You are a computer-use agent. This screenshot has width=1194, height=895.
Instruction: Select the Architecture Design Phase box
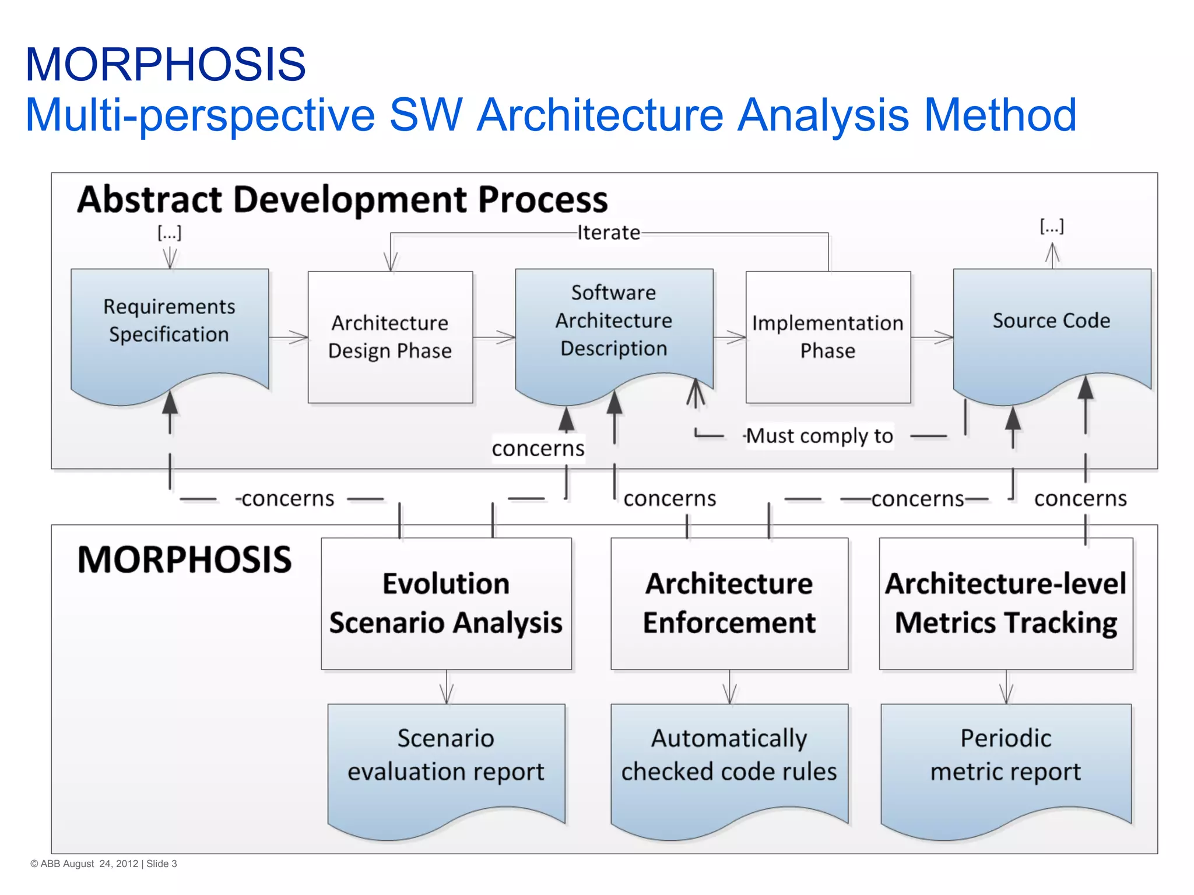click(390, 337)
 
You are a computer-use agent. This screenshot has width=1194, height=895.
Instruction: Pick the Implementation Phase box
click(828, 337)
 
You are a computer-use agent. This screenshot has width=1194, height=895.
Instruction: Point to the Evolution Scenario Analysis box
click(446, 603)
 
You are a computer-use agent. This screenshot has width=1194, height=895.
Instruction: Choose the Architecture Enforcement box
click(729, 603)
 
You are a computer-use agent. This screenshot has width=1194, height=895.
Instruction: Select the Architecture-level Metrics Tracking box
click(1006, 603)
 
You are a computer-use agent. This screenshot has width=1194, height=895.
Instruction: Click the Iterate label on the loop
click(608, 233)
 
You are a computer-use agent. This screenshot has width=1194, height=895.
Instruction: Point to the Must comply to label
click(819, 436)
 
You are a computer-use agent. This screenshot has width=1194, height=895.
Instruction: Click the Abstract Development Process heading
click(342, 199)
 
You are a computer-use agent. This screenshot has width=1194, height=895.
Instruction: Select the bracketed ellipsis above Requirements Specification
click(170, 233)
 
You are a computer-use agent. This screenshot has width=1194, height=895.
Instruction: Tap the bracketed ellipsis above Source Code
click(1052, 226)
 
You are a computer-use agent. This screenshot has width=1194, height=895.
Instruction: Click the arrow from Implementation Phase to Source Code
click(932, 337)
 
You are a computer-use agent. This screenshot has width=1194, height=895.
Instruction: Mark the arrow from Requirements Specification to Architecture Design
click(289, 337)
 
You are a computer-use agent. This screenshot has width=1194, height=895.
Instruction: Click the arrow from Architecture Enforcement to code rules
click(729, 687)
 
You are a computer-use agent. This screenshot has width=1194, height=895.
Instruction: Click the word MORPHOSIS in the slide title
click(166, 64)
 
